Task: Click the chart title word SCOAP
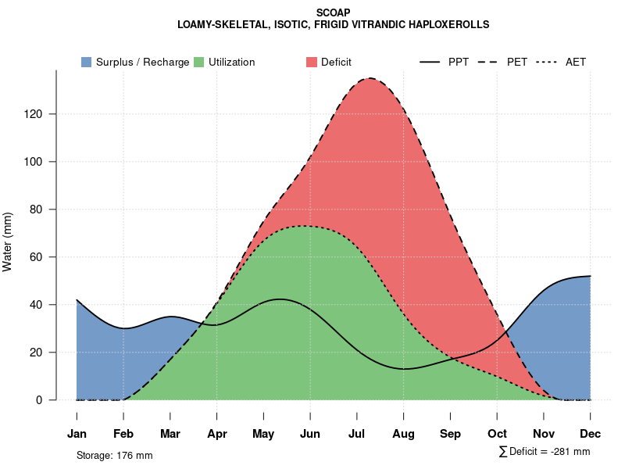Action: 334,13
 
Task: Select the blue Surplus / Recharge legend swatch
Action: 87,62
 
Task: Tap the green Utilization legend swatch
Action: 199,62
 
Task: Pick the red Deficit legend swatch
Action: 312,62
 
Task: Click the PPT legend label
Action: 459,62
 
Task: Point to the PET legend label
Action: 517,62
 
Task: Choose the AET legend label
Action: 576,62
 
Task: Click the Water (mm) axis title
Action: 8,242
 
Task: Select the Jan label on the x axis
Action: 77,434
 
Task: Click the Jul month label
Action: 357,434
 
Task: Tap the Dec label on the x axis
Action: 591,434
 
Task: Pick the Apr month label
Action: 217,434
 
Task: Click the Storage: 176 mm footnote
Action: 114,455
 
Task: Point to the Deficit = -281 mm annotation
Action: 545,452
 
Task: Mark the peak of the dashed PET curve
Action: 370,78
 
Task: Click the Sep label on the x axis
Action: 450,434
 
